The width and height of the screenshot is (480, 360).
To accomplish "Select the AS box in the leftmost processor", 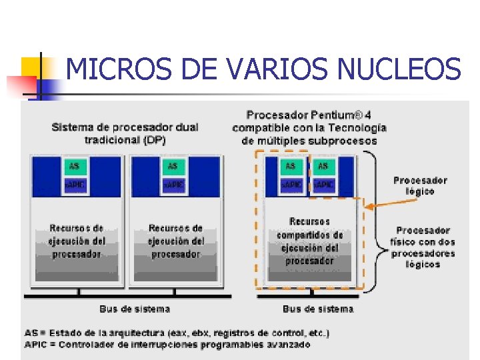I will click(x=74, y=166).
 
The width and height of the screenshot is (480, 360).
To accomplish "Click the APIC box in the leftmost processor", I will click(x=74, y=183).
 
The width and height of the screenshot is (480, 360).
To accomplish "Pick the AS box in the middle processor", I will click(x=173, y=166).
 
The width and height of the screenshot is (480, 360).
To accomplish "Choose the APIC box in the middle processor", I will click(x=173, y=183).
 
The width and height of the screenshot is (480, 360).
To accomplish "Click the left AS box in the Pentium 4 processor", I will click(x=290, y=166).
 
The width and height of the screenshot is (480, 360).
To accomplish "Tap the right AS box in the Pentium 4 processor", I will click(x=323, y=166).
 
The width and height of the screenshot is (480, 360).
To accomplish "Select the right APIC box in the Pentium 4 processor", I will click(x=323, y=183).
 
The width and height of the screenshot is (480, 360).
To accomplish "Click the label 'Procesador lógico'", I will click(x=420, y=185).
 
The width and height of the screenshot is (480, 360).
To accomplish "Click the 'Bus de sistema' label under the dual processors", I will click(x=135, y=309).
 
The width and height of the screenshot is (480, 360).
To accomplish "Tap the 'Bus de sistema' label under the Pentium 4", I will click(x=318, y=309).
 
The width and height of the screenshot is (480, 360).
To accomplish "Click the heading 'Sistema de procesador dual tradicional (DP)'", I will click(x=125, y=133).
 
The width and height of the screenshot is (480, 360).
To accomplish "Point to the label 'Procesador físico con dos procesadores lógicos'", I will click(x=423, y=247).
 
